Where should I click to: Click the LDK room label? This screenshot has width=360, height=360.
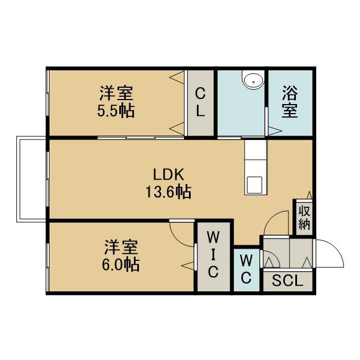tap(169, 174)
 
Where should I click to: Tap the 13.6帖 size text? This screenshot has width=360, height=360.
tap(169, 192)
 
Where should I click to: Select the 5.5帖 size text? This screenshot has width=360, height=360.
tap(116, 111)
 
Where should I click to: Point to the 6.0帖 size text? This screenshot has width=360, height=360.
tap(120, 265)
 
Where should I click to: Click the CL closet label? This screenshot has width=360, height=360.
tap(200, 102)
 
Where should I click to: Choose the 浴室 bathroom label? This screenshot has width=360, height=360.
tap(290, 102)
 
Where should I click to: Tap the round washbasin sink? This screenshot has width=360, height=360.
tap(254, 81)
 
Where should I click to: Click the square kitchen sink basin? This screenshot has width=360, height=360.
tap(254, 185)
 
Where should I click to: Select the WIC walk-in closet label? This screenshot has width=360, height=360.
tap(213, 254)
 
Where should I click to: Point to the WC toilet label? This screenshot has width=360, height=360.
tap(246, 269)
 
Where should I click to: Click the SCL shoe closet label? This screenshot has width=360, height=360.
tap(287, 281)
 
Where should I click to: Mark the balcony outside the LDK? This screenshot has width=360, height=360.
tap(31, 179)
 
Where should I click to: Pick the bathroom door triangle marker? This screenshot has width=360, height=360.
tap(275, 131)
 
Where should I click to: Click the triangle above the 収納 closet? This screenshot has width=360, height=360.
tap(309, 195)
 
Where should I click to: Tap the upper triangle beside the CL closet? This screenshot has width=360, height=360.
tap(177, 77)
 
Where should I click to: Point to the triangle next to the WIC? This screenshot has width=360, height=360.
tap(188, 265)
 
